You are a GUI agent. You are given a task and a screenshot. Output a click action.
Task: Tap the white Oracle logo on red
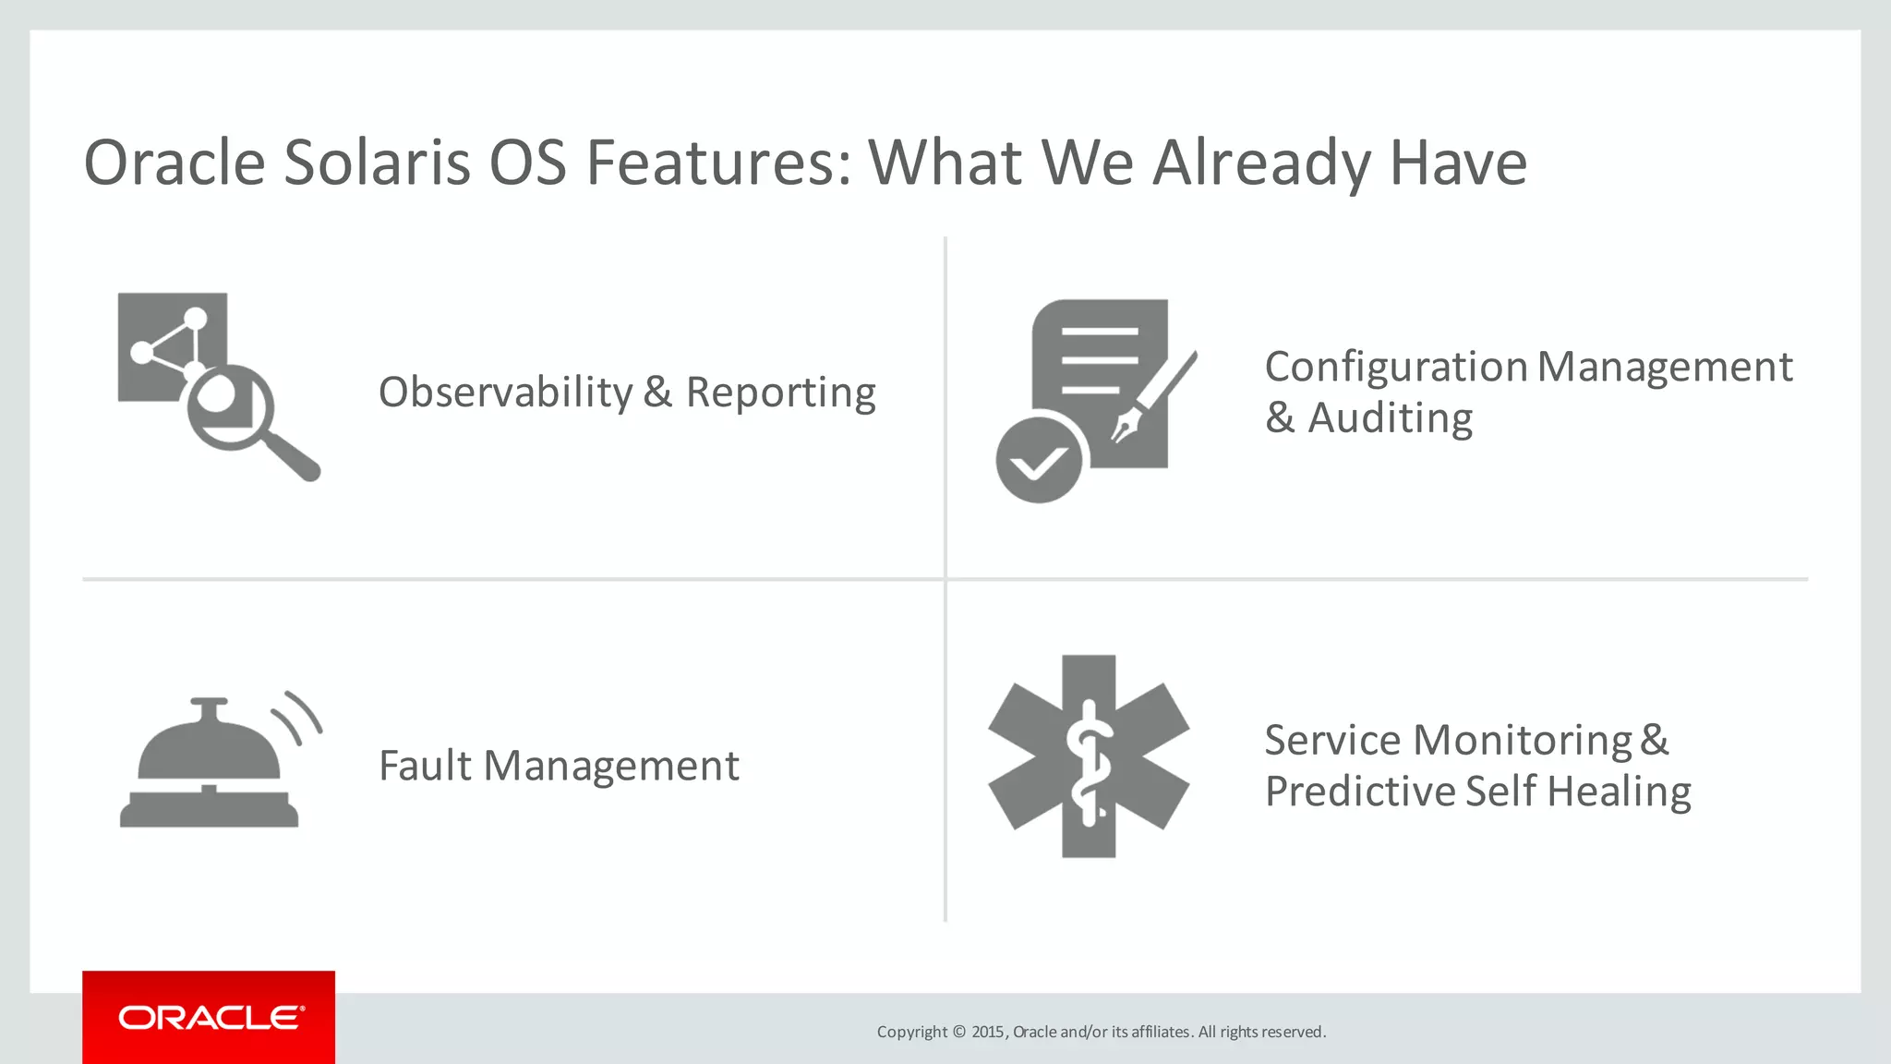(211, 1018)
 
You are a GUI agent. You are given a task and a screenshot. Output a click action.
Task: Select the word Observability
(506, 393)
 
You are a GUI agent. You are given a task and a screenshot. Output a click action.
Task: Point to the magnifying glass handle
(294, 454)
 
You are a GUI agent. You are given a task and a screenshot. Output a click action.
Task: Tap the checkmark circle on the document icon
(1039, 460)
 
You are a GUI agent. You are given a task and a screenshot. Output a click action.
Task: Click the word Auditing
(1390, 418)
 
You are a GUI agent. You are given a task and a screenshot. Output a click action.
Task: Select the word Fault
(425, 766)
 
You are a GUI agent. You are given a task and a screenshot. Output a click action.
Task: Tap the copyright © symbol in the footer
(958, 1032)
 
